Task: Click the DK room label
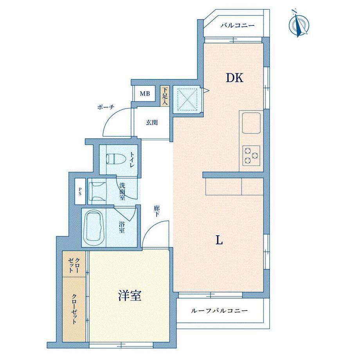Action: click(234, 78)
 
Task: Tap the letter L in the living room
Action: click(219, 240)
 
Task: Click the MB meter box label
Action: click(145, 94)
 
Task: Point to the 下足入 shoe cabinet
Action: click(164, 96)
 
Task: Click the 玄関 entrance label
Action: click(152, 122)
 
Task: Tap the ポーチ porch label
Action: click(106, 107)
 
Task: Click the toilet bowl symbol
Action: click(116, 158)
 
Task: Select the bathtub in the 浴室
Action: click(94, 228)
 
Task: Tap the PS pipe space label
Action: click(80, 191)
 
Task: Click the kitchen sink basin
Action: click(251, 123)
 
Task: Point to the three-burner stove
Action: click(251, 155)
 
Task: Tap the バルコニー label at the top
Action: click(238, 25)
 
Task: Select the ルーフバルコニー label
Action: click(220, 311)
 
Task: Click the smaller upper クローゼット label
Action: click(74, 265)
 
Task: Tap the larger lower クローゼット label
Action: click(74, 309)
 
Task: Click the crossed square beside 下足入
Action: click(188, 100)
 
